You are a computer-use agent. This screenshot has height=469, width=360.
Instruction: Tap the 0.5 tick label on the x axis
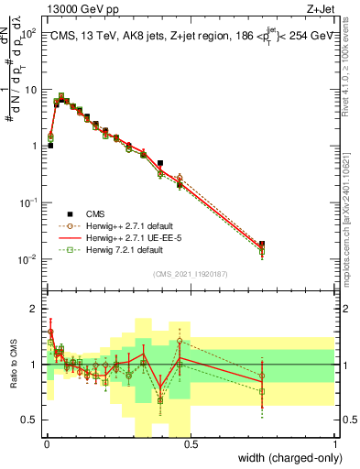click(191, 442)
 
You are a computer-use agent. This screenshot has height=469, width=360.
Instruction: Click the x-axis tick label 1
click(335, 442)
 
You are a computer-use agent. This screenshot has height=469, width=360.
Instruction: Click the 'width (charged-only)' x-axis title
click(285, 457)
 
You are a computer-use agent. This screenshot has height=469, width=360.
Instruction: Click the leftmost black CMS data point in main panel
click(50, 146)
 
